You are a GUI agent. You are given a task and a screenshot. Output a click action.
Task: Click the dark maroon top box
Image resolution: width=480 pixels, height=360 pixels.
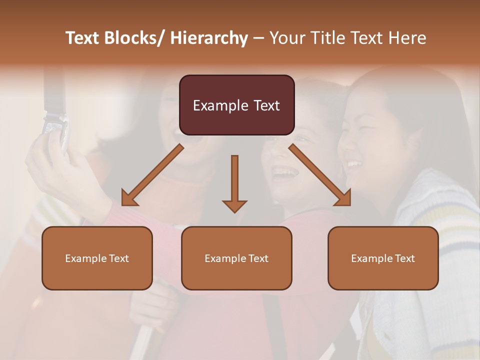coord(236,105)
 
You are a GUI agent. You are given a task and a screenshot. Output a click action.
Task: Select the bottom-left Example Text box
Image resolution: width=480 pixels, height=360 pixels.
coord(97,258)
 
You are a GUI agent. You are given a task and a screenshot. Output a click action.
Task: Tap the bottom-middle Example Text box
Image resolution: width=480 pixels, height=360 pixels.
coord(236,258)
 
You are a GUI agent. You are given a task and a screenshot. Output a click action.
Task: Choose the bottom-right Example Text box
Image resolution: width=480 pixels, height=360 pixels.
coord(383,258)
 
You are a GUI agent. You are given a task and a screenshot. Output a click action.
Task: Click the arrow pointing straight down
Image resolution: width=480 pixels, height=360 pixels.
coord(234,182)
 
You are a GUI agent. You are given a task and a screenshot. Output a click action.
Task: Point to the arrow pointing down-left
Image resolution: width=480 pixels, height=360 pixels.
coord(152,175)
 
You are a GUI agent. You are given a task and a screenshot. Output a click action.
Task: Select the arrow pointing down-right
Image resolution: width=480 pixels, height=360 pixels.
coord(320,175)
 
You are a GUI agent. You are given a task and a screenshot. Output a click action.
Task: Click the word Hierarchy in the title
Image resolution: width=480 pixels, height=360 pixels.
coord(209,38)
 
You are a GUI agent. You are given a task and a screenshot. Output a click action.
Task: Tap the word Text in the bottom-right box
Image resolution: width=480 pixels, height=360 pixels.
coord(404,258)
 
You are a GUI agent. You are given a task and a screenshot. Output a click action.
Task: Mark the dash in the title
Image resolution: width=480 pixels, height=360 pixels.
coord(258,38)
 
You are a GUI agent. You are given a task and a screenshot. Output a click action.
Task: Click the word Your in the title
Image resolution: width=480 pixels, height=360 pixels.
coord(286,38)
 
